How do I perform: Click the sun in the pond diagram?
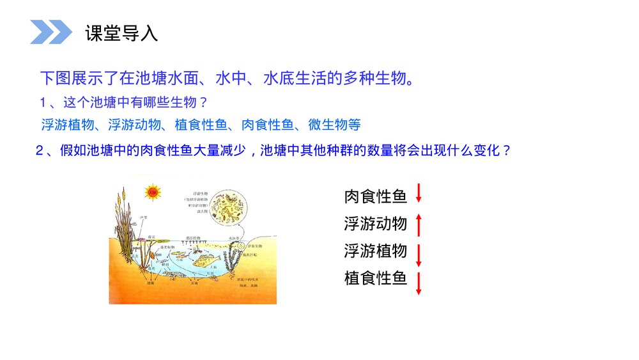pos(152,191)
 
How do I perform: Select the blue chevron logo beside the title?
pos(51,32)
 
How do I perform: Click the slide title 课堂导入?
pos(121,33)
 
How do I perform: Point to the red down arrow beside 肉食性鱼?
pos(419,193)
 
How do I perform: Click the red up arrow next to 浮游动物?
pos(419,224)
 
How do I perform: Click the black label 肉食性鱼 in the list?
pos(376,196)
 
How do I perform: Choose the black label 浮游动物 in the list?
pos(376,223)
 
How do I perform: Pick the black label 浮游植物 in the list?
pos(376,251)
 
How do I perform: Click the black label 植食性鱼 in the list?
pos(376,278)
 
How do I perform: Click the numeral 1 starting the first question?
pos(43,102)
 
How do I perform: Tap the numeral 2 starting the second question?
pos(40,152)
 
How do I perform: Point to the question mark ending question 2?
pos(507,152)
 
